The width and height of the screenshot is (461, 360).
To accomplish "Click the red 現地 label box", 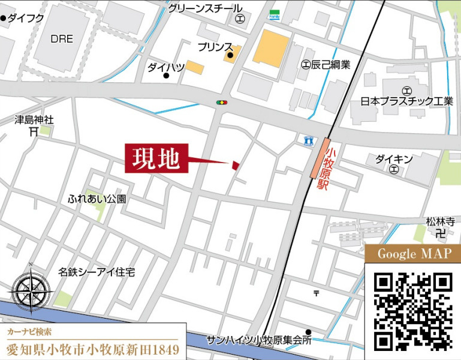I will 156,159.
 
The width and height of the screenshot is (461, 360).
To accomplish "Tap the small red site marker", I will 236,164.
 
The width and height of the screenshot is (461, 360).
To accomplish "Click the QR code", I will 412,311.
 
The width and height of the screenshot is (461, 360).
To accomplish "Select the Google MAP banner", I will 412,254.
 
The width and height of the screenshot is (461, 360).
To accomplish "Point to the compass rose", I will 28,290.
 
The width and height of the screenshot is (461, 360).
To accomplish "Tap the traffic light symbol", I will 222,103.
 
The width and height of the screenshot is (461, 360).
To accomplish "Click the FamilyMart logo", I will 275,14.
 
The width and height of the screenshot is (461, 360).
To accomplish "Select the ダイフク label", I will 26,19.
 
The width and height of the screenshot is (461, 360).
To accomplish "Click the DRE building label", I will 62,39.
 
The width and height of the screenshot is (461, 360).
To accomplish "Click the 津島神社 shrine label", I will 34,119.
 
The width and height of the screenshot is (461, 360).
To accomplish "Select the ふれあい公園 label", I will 97,198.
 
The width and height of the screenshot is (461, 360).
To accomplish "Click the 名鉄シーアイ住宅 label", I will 97,272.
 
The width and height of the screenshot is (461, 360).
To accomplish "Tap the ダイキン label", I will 394,159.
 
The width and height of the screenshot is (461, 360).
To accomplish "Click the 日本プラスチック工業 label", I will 407,101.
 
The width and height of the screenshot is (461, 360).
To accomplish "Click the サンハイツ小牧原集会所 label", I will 259,340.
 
